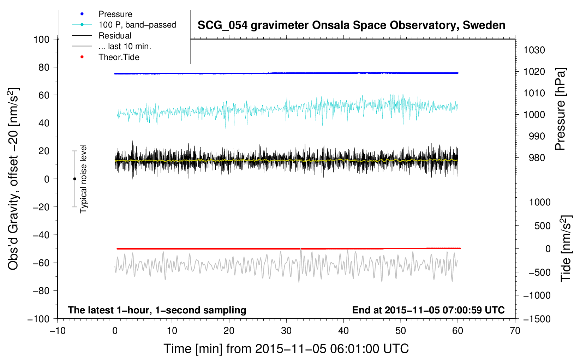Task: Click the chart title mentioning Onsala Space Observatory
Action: click(x=351, y=25)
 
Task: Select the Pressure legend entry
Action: click(x=102, y=14)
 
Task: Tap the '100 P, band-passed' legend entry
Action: click(x=124, y=25)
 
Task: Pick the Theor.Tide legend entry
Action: click(x=106, y=57)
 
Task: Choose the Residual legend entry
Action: click(x=102, y=36)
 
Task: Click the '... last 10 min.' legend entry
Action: click(x=112, y=46)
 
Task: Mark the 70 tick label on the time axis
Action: click(x=515, y=331)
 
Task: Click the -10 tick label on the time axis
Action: click(x=58, y=331)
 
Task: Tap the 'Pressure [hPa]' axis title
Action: click(x=560, y=109)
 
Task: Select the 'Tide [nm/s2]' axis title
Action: click(x=566, y=248)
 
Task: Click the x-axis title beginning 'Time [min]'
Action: click(x=286, y=349)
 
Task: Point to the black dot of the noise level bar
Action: click(x=74, y=179)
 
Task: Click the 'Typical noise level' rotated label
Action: click(x=83, y=179)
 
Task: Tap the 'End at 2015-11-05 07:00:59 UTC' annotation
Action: click(x=428, y=310)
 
